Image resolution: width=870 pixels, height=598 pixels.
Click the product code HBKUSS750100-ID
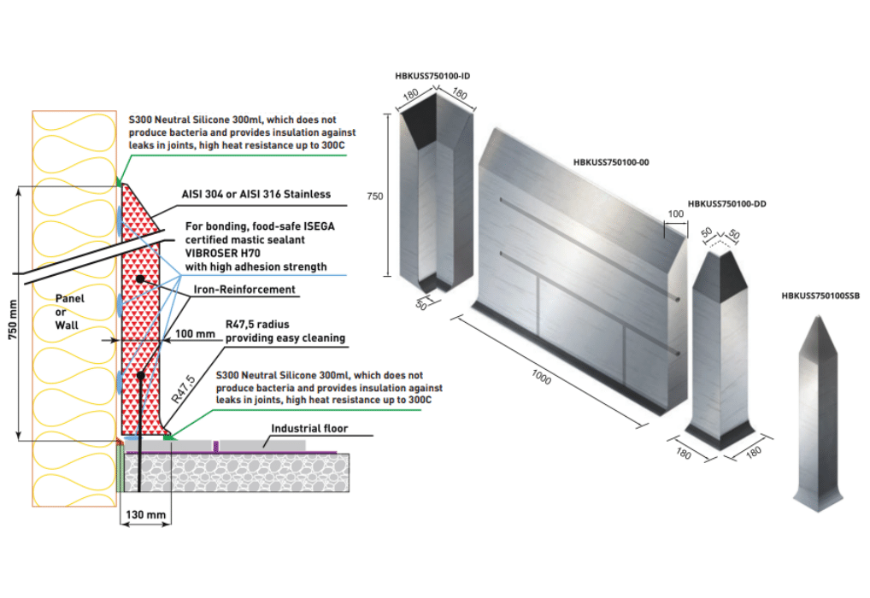point(433,76)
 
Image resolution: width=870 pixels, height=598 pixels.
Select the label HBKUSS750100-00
point(612,162)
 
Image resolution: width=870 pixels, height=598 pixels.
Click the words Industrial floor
point(309,428)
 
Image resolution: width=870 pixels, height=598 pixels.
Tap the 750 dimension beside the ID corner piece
point(374,196)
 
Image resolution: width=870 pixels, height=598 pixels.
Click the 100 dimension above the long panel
point(675,214)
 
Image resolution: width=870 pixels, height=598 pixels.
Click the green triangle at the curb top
point(119,181)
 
